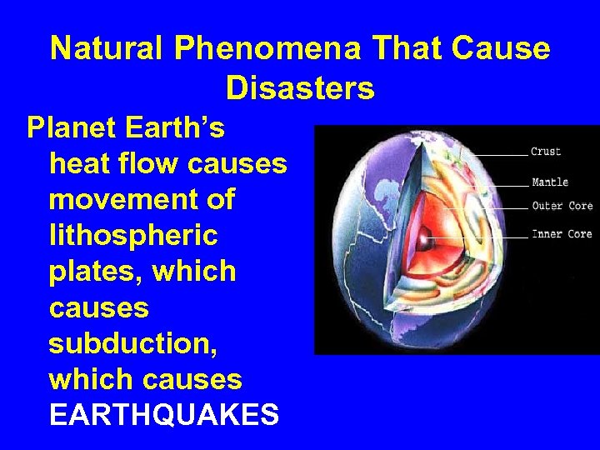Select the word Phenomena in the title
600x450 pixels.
267,49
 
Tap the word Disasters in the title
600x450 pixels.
300,87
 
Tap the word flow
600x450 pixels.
154,164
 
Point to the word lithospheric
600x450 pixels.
133,237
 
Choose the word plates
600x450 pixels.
97,272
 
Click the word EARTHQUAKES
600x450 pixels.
164,415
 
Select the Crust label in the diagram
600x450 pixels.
546,152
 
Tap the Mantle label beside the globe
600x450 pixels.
549,182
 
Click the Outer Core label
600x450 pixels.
562,206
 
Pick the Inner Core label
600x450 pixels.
562,234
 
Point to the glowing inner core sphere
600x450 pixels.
424,242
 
